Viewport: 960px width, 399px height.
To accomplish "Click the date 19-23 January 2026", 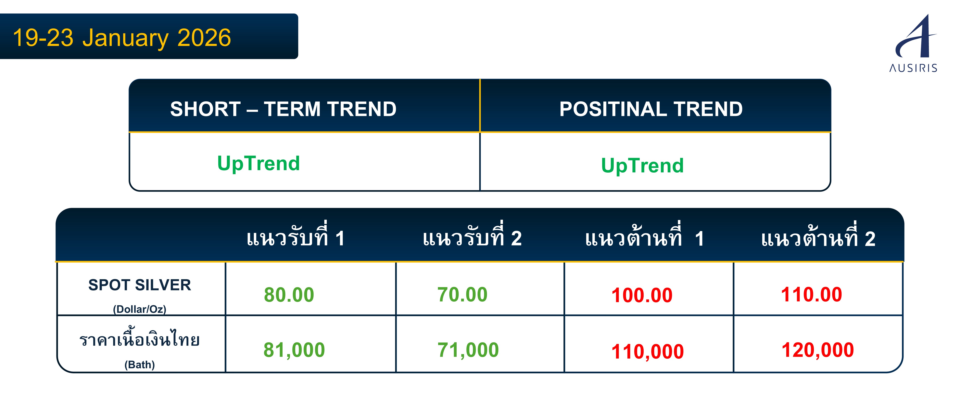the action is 122,38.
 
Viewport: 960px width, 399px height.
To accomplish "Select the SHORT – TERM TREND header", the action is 283,109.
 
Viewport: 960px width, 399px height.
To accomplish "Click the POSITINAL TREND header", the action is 651,109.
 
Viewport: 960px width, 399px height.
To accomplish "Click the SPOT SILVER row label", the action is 140,285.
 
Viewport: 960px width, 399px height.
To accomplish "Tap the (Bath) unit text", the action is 140,364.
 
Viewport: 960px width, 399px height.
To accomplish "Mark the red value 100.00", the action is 642,295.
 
